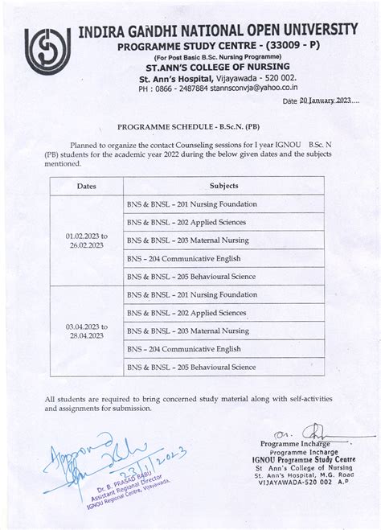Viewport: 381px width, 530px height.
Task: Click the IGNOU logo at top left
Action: pyautogui.click(x=47, y=53)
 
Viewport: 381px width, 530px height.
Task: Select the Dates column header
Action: pyautogui.click(x=86, y=186)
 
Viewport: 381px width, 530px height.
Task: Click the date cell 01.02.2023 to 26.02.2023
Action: pyautogui.click(x=86, y=240)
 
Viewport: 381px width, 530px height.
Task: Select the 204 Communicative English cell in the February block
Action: pyautogui.click(x=186, y=258)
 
